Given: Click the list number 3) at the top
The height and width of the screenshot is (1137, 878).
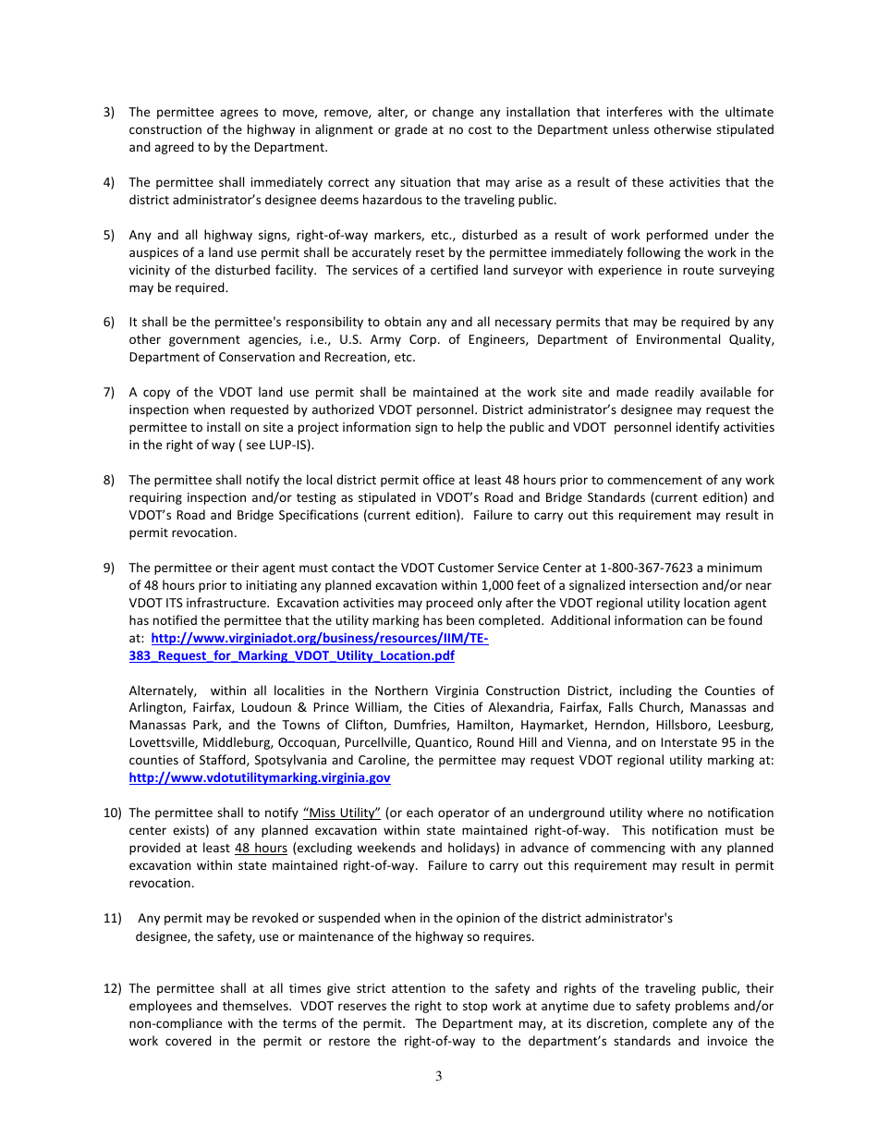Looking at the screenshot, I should [x=108, y=112].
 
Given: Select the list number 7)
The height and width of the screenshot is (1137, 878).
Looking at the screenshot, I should [x=108, y=392].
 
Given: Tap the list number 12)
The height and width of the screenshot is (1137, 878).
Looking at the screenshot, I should [x=112, y=988].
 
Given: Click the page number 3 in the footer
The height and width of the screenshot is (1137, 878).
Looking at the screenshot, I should [x=439, y=1075].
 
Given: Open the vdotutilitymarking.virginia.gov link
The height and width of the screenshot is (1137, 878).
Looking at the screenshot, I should [x=260, y=778].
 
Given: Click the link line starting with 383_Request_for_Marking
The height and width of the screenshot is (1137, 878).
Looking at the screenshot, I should [x=291, y=655].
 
